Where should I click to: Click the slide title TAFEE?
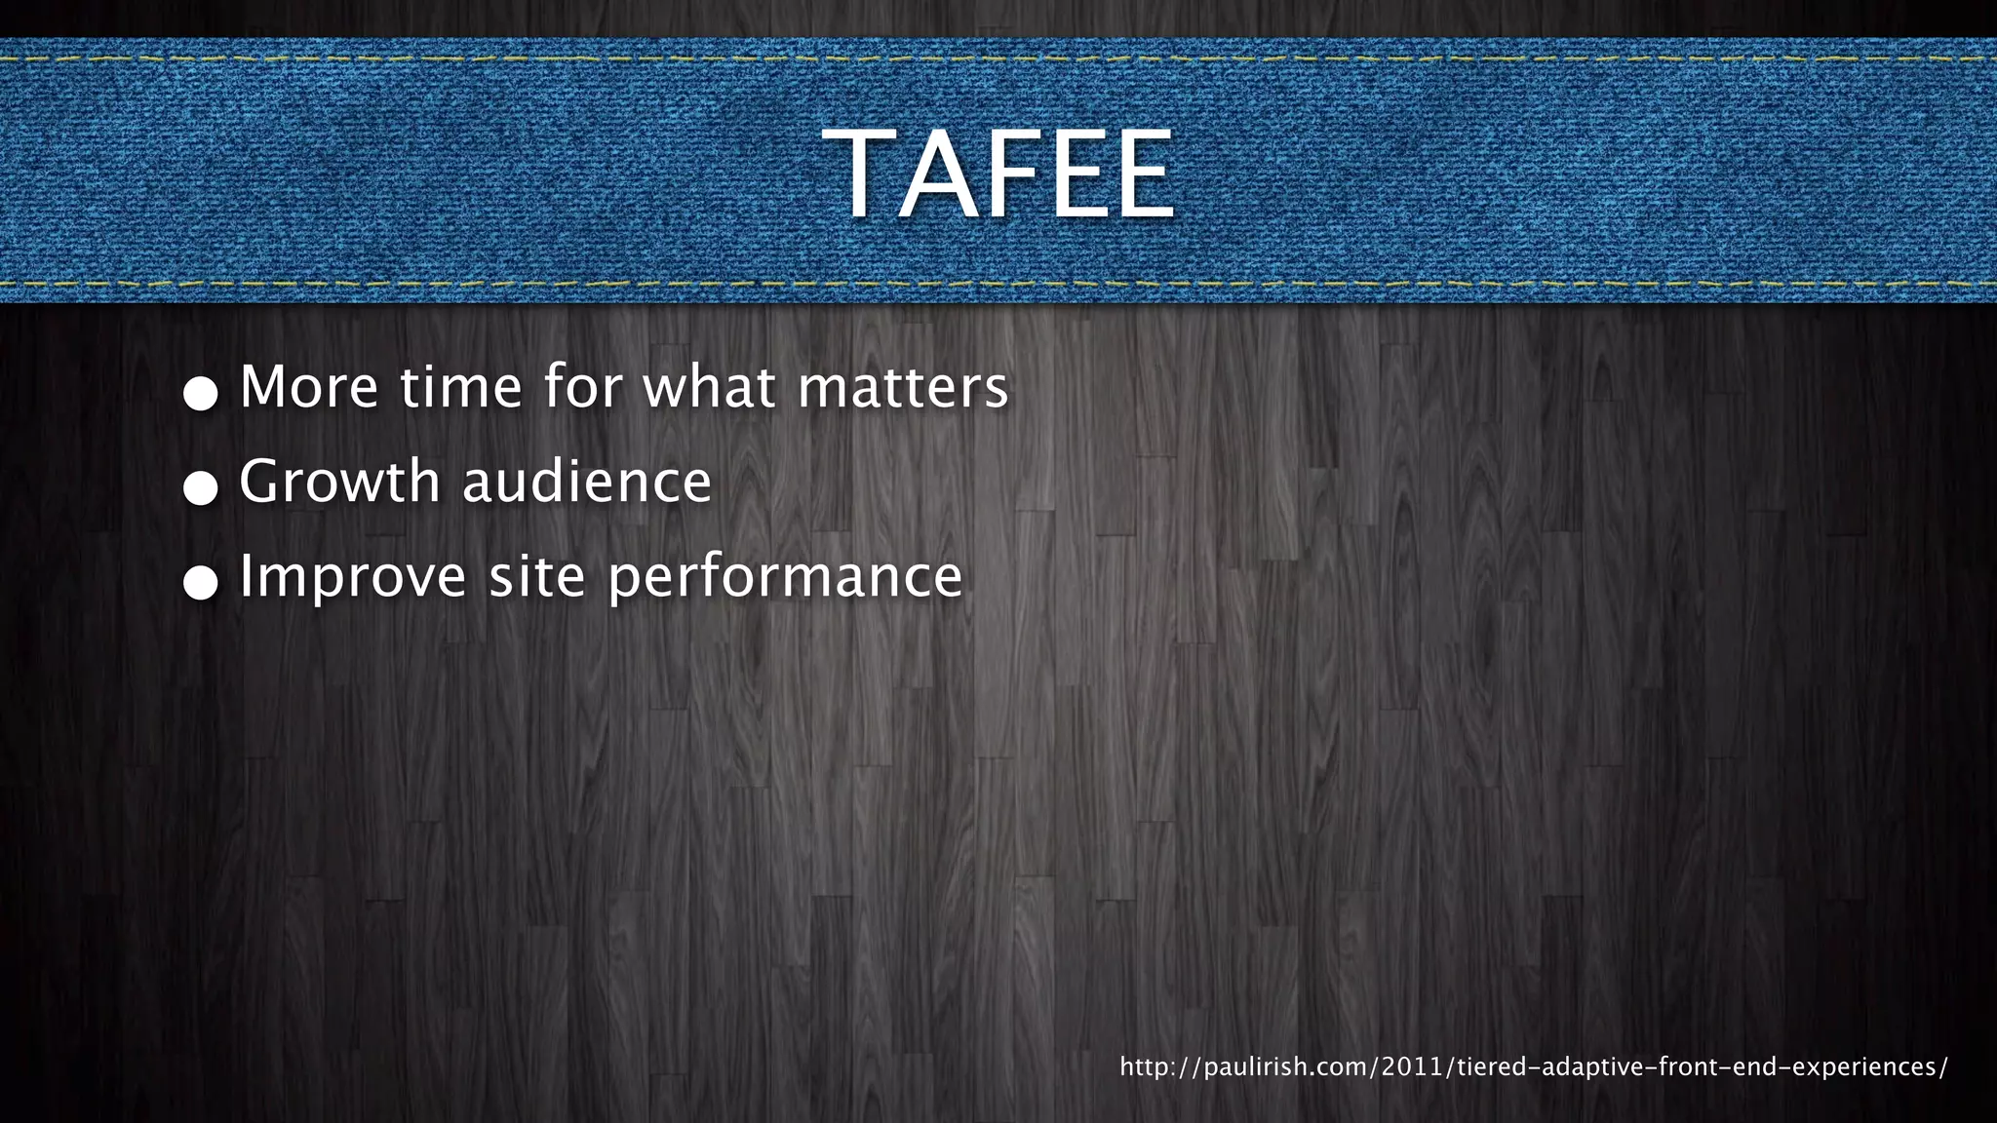pyautogui.click(x=998, y=176)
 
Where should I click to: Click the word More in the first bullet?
pyautogui.click(x=308, y=387)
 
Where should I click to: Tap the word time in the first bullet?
pyautogui.click(x=460, y=387)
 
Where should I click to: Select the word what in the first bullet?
pyautogui.click(x=709, y=387)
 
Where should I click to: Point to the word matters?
pyautogui.click(x=903, y=387)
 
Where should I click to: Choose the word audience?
pyautogui.click(x=587, y=482)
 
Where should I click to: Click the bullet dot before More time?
pyautogui.click(x=201, y=393)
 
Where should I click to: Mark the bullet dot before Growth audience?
pyautogui.click(x=201, y=487)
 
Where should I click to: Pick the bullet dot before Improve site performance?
pyautogui.click(x=201, y=582)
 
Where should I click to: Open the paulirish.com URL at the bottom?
pyautogui.click(x=1533, y=1066)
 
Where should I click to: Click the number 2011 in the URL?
pyautogui.click(x=1413, y=1066)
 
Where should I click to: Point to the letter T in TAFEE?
pyautogui.click(x=858, y=176)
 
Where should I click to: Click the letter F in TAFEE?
pyautogui.click(x=1015, y=176)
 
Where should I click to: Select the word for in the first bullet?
pyautogui.click(x=583, y=387)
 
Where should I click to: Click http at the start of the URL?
pyautogui.click(x=1144, y=1066)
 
